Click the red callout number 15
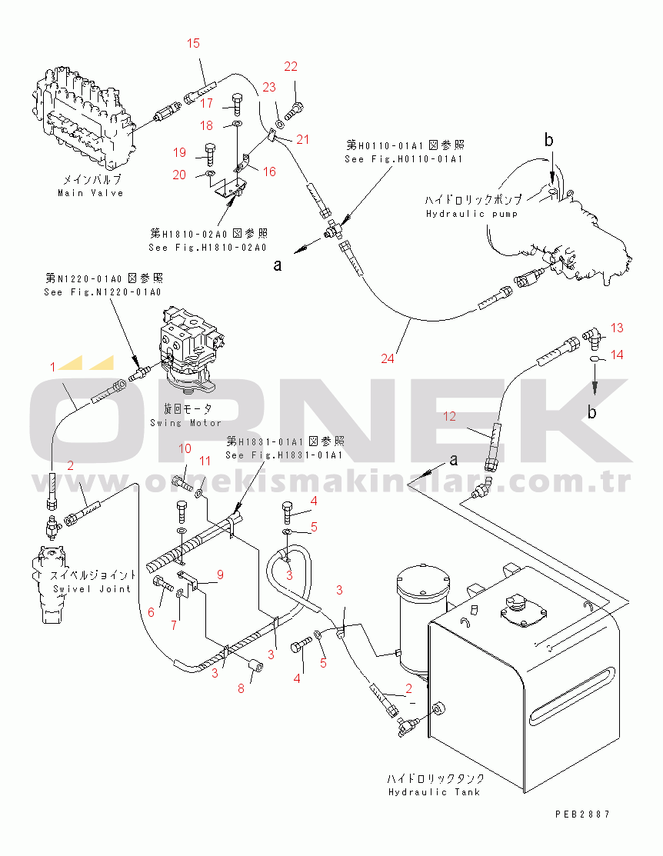193,43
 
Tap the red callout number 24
389,358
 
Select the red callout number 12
449,417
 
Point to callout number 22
291,67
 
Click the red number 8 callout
241,688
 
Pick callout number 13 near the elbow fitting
618,328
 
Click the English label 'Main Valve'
91,193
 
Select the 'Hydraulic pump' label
471,213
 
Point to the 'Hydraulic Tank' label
435,791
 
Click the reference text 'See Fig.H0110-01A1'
403,159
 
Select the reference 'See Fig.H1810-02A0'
208,248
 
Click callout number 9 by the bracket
219,574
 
